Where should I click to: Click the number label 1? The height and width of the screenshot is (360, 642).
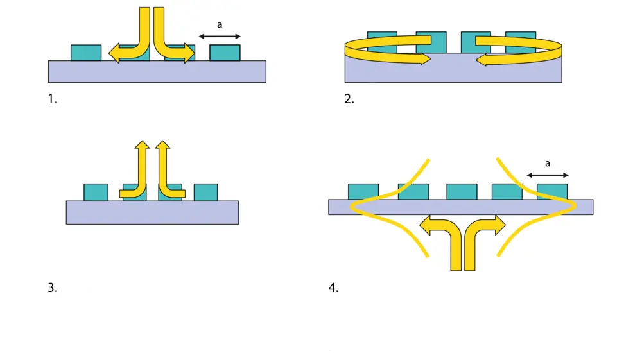(52, 99)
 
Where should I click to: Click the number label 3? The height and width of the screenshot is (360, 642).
(52, 288)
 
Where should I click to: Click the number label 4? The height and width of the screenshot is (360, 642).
(333, 288)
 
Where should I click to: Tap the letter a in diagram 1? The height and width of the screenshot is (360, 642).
(220, 25)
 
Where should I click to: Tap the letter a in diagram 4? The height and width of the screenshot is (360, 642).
(547, 164)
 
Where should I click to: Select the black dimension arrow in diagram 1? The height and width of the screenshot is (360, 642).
(220, 37)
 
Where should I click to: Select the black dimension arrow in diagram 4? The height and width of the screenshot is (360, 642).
(547, 175)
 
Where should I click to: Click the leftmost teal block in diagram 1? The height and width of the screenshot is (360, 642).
(85, 53)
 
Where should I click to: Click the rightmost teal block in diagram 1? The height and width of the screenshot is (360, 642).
(225, 53)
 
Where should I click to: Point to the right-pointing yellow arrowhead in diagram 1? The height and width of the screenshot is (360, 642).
(188, 53)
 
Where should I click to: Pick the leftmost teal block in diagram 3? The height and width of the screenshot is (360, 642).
(96, 192)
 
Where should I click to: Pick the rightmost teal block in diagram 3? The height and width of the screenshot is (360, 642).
(205, 192)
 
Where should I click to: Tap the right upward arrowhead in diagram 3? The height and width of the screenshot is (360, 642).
(163, 146)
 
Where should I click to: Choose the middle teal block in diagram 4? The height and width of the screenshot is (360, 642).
(462, 191)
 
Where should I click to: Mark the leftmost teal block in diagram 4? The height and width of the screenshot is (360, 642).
(363, 191)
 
